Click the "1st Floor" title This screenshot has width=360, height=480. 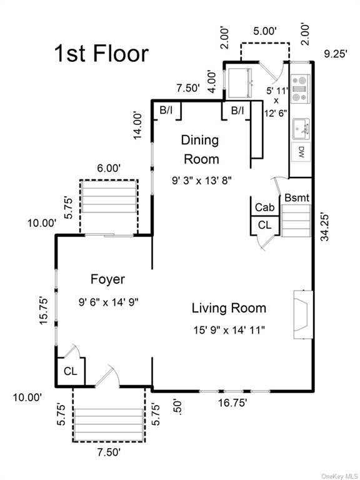[101, 54]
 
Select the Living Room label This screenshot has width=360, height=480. [229, 308]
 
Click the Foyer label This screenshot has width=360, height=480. [107, 279]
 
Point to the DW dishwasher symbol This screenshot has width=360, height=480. [301, 152]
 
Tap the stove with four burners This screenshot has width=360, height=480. [300, 89]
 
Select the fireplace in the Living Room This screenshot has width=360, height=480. [303, 314]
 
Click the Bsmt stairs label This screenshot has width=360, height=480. [297, 197]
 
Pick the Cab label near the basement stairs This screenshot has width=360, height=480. [265, 207]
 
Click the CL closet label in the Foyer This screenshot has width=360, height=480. [71, 371]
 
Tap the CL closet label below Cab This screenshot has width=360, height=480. [264, 225]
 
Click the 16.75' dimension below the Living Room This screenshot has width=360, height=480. [232, 403]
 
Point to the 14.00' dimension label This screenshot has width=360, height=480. [137, 126]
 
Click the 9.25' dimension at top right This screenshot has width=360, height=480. [336, 54]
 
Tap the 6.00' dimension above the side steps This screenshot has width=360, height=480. [109, 168]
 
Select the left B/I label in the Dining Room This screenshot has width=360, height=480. [166, 110]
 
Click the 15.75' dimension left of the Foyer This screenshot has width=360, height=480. [44, 311]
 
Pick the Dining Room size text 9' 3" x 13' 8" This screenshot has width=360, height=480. [201, 181]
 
